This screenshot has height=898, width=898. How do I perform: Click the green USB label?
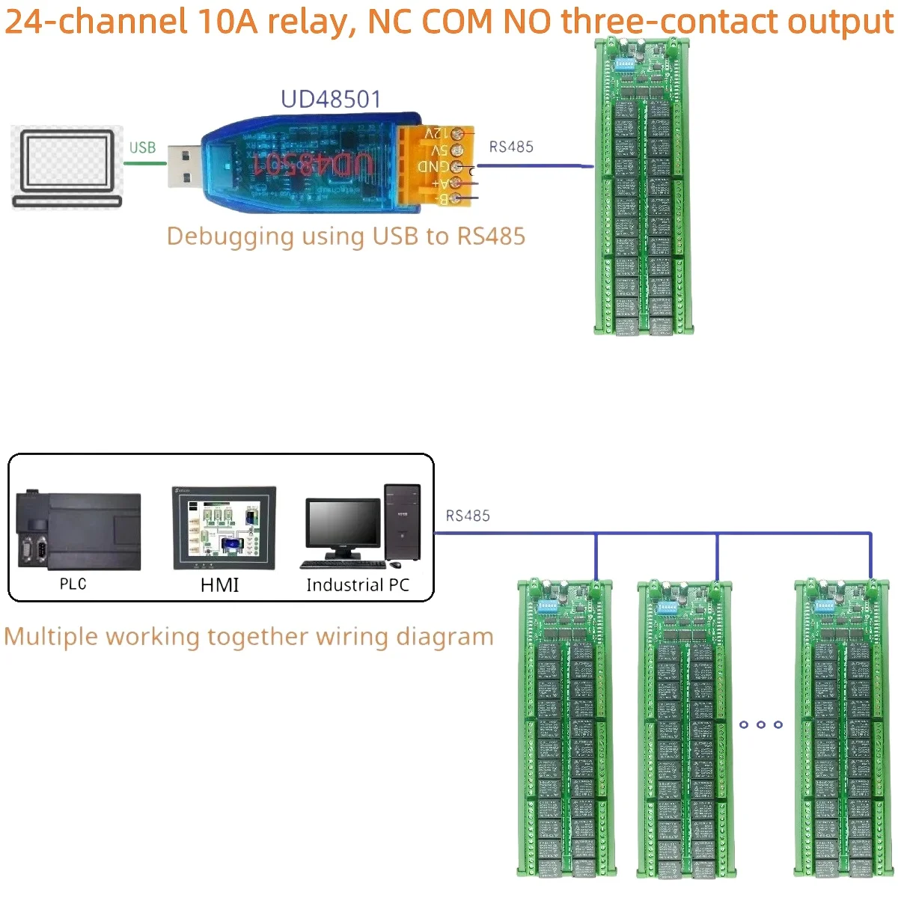tap(142, 147)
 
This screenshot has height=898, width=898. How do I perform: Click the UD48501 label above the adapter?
tap(331, 100)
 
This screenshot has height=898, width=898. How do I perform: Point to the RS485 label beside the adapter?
tap(511, 147)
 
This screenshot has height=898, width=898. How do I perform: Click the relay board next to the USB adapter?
tap(643, 187)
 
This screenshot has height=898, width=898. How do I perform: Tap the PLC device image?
tap(79, 531)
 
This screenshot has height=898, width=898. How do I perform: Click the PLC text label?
tap(73, 584)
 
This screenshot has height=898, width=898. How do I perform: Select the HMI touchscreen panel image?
tap(224, 528)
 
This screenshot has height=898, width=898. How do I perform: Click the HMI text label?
tap(219, 585)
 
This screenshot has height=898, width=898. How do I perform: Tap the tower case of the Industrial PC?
tap(403, 522)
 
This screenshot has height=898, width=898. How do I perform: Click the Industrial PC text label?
tap(358, 585)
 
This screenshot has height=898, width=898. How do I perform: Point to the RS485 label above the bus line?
tap(468, 516)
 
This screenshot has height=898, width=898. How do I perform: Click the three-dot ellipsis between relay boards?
tap(760, 724)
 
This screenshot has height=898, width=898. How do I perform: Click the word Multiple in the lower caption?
tap(51, 637)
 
